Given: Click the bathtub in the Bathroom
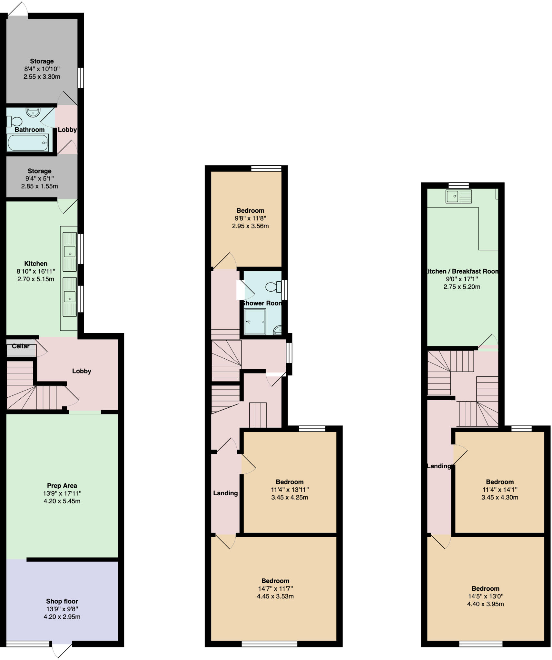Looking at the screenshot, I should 28,143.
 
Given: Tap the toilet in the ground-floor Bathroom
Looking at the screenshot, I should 14,121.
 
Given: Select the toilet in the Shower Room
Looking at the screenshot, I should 274,286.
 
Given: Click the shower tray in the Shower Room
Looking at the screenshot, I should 255,321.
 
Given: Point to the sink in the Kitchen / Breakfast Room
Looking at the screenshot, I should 458,196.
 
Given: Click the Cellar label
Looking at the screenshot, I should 21,346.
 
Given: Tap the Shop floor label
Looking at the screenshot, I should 62,601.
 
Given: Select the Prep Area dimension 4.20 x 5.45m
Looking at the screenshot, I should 62,501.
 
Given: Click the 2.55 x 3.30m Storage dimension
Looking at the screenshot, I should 42,77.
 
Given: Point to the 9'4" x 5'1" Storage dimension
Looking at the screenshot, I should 39,178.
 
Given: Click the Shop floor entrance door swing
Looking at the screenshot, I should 62,650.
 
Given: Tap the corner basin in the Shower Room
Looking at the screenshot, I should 278,330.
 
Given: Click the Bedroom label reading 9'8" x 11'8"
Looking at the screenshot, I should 250,210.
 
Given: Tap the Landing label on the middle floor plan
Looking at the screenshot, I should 225,493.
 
